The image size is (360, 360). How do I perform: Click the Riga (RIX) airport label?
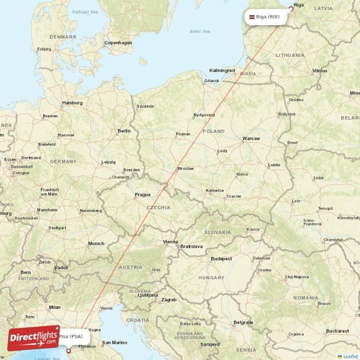(x=269, y=17)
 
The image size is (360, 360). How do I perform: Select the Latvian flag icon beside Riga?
(x=253, y=17)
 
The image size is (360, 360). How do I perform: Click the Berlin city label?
(x=124, y=130)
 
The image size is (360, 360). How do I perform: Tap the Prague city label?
(x=142, y=194)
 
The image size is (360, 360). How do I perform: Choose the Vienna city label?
(x=171, y=241)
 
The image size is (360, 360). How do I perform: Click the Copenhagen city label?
(x=119, y=42)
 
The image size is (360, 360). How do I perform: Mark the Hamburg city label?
(x=73, y=102)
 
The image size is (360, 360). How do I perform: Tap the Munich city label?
(x=96, y=243)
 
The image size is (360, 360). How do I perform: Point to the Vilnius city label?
(x=320, y=71)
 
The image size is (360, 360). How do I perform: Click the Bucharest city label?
(x=337, y=330)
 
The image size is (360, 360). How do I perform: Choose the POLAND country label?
(x=214, y=132)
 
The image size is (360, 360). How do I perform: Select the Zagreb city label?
(x=169, y=299)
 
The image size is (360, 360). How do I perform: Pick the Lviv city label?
(x=296, y=201)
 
